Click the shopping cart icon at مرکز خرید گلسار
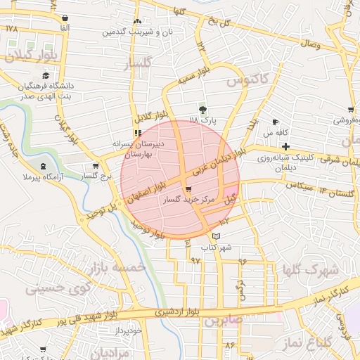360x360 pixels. tap(188, 188)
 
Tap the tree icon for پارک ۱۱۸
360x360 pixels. tap(203, 110)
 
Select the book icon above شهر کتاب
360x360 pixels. tap(216, 236)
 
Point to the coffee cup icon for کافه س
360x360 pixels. tap(275, 122)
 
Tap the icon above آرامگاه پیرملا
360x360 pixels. tap(45, 166)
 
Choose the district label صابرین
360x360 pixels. tap(224, 321)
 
